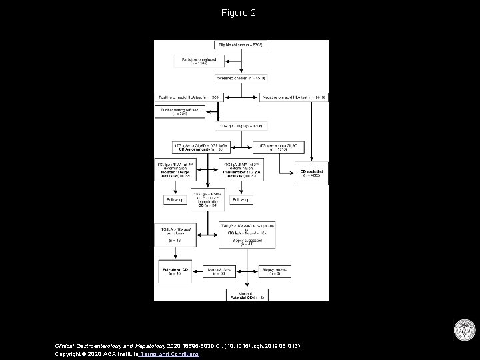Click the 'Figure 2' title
pos(240,13)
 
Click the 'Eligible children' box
pos(241,45)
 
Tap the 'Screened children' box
pos(241,78)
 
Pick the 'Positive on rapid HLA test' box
pos(189,97)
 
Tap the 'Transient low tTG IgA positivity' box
pos(241,169)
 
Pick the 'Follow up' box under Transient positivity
pos(241,199)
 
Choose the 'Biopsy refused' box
pos(275,269)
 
